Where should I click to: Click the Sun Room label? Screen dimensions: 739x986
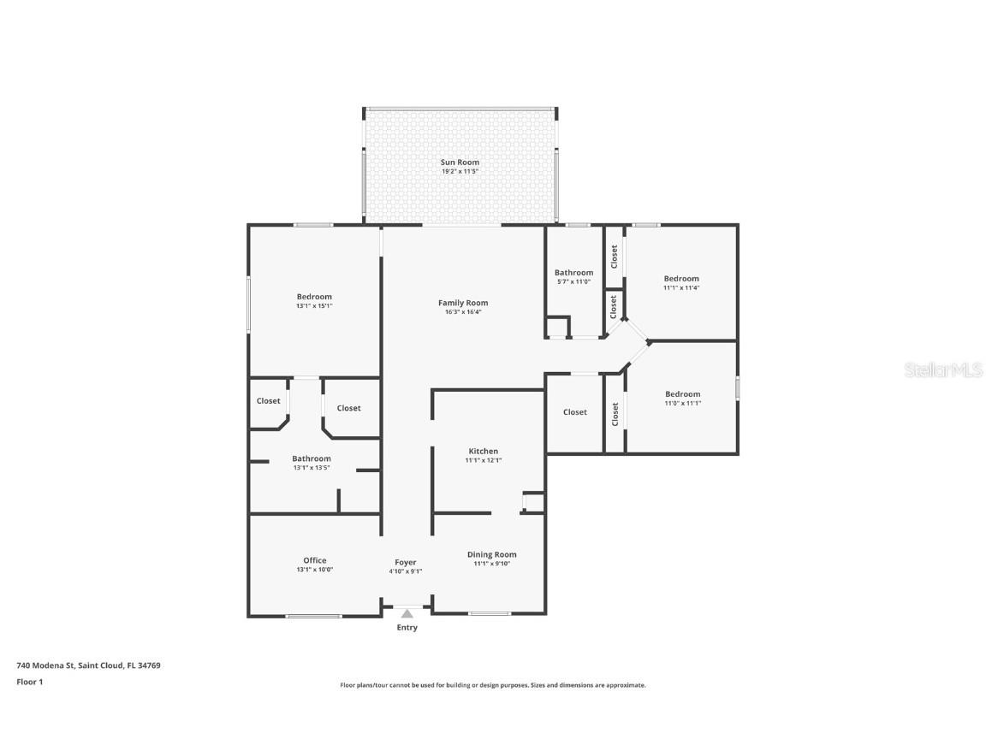[x=460, y=162]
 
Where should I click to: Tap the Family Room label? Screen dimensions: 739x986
[x=463, y=303]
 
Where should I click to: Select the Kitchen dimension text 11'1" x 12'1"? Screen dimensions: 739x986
[x=483, y=460]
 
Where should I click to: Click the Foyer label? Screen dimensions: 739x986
[x=405, y=562]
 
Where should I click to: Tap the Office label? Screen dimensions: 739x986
[x=314, y=560]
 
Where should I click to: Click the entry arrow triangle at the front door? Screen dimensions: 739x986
[x=407, y=613]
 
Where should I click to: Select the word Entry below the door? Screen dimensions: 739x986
[x=407, y=628]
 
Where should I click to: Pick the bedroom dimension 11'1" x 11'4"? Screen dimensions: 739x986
[x=681, y=287]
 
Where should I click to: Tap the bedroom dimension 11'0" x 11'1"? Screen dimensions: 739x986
[x=682, y=403]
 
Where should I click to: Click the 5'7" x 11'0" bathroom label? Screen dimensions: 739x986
[x=573, y=281]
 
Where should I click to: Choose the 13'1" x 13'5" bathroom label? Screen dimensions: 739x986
[x=312, y=467]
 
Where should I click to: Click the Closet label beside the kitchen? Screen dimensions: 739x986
[x=575, y=412]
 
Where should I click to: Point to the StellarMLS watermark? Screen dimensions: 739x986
[x=944, y=369]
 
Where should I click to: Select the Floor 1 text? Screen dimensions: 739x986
[x=29, y=682]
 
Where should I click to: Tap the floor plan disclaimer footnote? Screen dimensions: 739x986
[x=493, y=685]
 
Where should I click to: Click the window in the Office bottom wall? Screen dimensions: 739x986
[x=313, y=615]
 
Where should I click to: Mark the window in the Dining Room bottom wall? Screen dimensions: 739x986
[x=490, y=613]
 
